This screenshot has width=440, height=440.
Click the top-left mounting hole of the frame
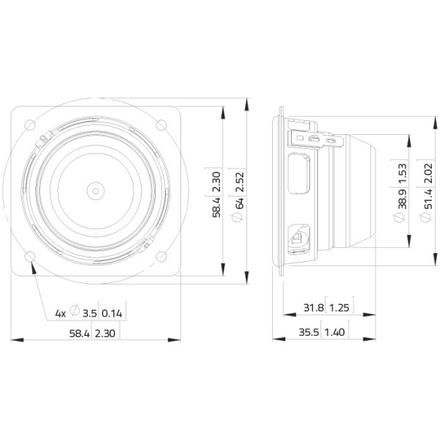[30, 125]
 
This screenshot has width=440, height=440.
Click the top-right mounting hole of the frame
[161, 125]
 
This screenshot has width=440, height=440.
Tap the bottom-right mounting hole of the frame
[161, 257]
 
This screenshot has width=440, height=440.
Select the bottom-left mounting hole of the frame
[30, 257]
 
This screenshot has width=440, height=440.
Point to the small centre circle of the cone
[95, 191]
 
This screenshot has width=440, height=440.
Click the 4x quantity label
[60, 313]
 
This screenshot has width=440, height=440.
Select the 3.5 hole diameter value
[89, 313]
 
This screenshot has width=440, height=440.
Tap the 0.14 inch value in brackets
[111, 313]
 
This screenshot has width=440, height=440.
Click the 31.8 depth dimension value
[313, 308]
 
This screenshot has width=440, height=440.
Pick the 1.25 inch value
[339, 308]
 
